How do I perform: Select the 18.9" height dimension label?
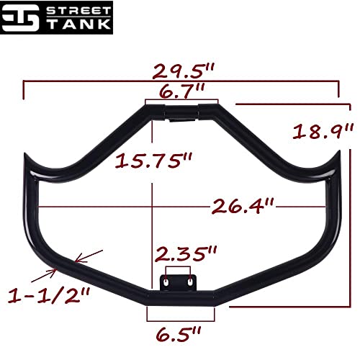pyautogui.click(x=324, y=132)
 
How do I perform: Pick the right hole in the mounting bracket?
pyautogui.click(x=189, y=283)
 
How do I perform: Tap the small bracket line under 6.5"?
pyautogui.click(x=180, y=317)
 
